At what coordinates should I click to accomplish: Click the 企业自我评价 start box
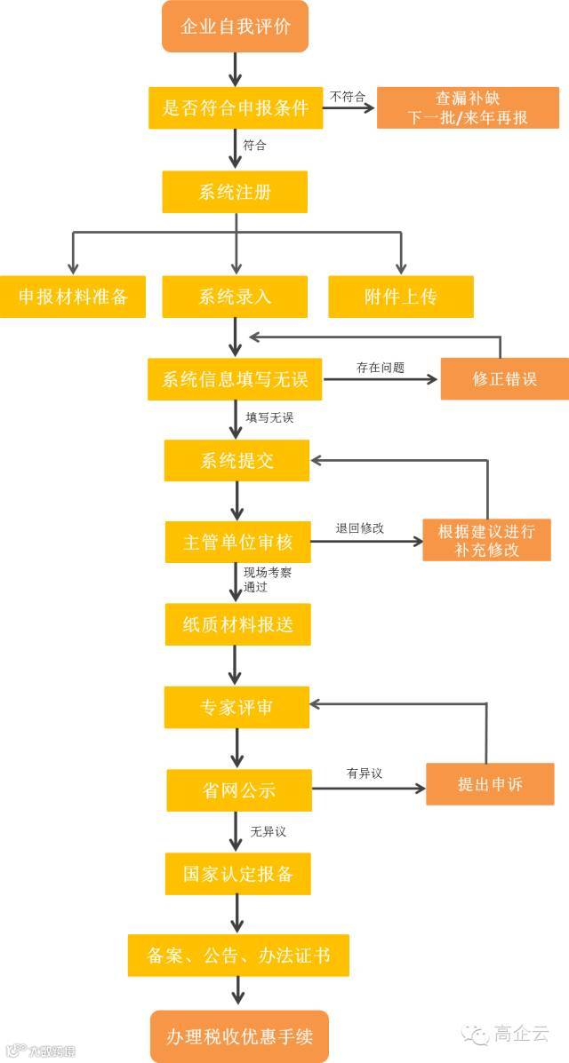[x=235, y=27]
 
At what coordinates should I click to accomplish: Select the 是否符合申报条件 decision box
[x=236, y=107]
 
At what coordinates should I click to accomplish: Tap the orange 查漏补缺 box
[x=468, y=107]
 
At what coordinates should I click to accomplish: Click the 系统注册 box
[x=235, y=192]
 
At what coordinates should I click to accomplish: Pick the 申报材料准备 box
[x=74, y=297]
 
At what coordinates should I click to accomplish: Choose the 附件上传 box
[x=401, y=297]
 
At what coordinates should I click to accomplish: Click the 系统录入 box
[x=235, y=297]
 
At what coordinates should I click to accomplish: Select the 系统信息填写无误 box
[x=235, y=379]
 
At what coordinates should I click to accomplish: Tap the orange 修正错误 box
[x=504, y=379]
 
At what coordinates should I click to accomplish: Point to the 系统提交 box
[x=236, y=461]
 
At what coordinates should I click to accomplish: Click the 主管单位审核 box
[x=237, y=542]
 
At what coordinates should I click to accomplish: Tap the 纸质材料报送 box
[x=237, y=624]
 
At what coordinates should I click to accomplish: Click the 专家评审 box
[x=236, y=707]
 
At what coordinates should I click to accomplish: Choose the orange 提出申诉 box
[x=490, y=784]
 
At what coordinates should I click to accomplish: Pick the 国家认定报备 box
[x=238, y=873]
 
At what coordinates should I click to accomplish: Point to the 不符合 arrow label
[x=348, y=96]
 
